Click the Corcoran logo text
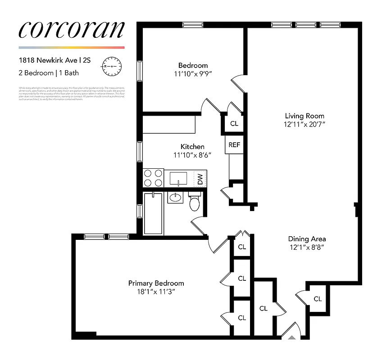coord(71,29)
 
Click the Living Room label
coord(304,116)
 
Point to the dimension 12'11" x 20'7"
coord(304,124)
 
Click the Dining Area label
coord(307,239)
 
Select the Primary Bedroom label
coord(156,283)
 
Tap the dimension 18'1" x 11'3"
coord(156,292)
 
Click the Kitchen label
coord(192,147)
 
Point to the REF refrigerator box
coord(234,144)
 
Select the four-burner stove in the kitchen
coord(153,178)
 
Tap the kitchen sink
coord(179,178)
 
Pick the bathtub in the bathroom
coord(153,213)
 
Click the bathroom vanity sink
coord(175,197)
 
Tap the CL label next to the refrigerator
coord(234,123)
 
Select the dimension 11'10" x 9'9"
coord(192,74)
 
